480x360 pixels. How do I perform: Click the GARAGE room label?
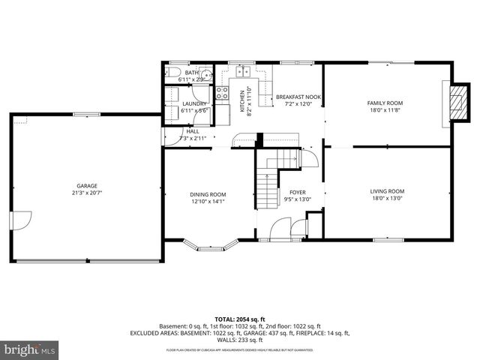pos(86,186)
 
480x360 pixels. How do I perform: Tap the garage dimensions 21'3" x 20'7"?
pos(86,193)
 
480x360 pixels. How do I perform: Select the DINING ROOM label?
pos(208,194)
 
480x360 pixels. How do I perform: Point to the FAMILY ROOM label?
pos(385,103)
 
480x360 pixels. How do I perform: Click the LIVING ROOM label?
pos(387,191)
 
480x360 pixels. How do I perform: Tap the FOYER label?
pos(298,192)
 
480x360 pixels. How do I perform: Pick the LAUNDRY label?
pos(194,104)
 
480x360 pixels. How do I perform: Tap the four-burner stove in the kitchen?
pos(223,93)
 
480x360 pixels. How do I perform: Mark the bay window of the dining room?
pos(209,244)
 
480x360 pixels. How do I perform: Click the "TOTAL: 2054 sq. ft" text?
pos(239,319)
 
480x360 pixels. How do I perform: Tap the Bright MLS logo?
pos(29,349)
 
